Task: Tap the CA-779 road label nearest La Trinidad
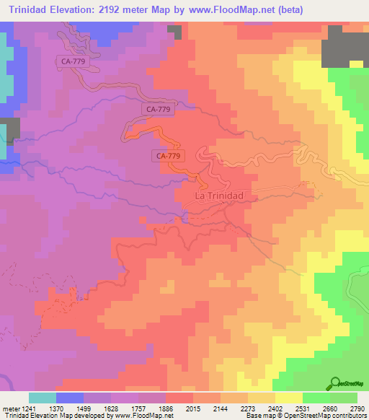point(168,155)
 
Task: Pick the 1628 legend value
point(117,408)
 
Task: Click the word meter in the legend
point(10,408)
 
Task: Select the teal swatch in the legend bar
point(42,398)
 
